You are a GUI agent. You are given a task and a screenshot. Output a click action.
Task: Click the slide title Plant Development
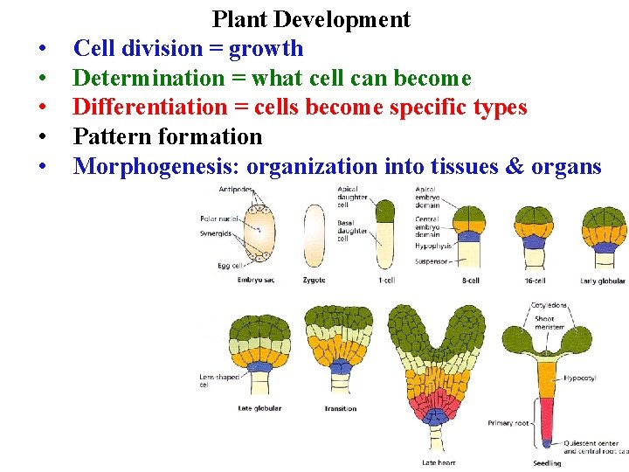[311, 19]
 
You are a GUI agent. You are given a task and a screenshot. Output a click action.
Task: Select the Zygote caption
[314, 281]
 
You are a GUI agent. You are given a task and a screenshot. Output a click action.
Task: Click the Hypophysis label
[433, 246]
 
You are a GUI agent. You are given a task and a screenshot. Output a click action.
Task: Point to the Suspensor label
[432, 260]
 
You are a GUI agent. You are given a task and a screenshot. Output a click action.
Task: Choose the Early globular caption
[603, 281]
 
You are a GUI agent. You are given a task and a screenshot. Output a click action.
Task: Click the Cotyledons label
[549, 305]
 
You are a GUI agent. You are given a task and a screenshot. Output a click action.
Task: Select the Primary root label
[508, 423]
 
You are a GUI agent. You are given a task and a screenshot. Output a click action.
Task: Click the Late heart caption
[438, 462]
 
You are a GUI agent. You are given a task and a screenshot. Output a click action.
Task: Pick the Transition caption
[340, 408]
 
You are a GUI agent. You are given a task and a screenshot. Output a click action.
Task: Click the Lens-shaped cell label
[218, 380]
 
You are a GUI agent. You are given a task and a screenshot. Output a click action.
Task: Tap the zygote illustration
[314, 235]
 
